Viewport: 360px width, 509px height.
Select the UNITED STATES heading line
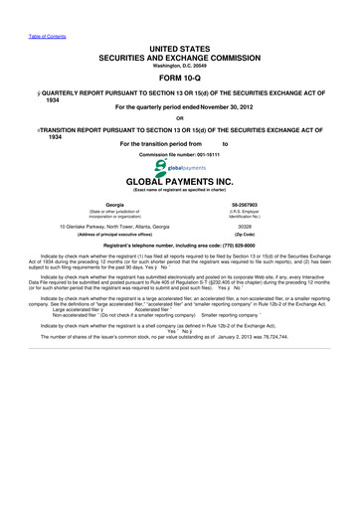click(180, 34)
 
